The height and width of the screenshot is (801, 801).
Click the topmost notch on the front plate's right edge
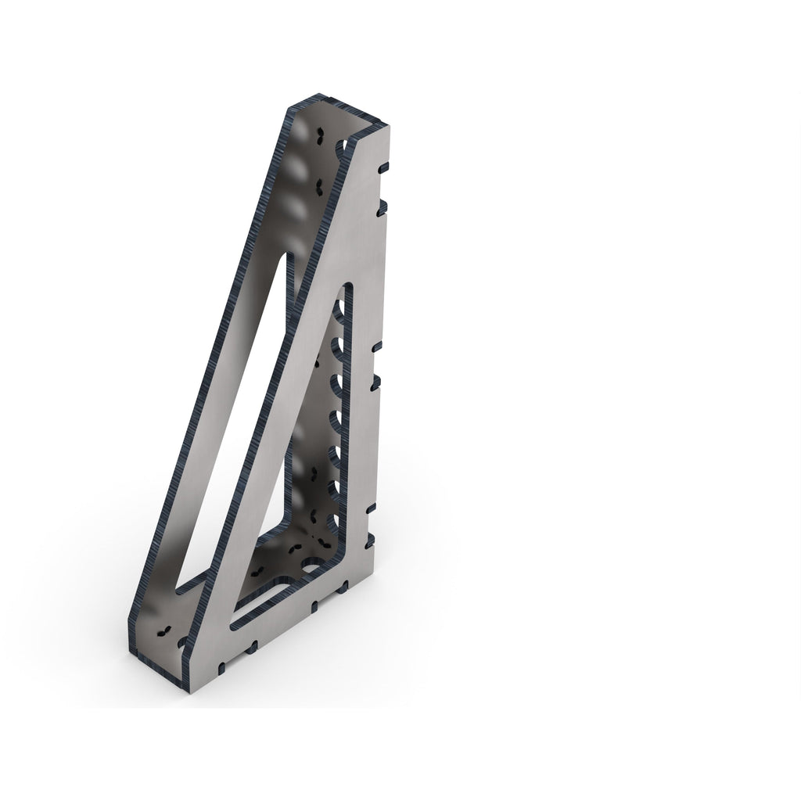click(383, 167)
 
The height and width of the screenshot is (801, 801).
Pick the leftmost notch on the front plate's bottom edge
click(222, 667)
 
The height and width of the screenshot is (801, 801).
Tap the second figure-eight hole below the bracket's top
click(318, 186)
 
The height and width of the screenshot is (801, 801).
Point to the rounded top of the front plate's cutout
click(346, 288)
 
